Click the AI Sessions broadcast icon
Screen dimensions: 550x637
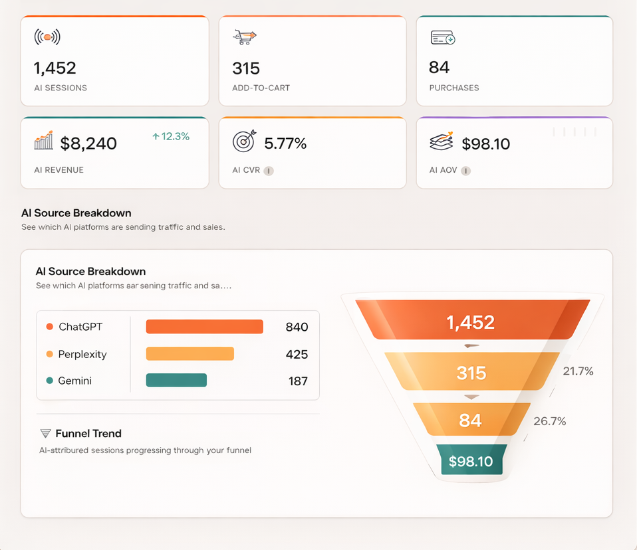pos(47,37)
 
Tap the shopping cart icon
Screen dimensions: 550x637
pos(244,37)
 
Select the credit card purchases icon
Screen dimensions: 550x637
pos(442,38)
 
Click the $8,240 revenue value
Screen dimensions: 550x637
pos(88,143)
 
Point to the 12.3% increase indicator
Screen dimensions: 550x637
pos(171,136)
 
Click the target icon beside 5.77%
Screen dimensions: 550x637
pos(244,141)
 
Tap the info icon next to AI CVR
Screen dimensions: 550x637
pos(269,171)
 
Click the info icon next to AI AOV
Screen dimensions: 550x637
pos(466,171)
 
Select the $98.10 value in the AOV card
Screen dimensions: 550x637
pos(485,144)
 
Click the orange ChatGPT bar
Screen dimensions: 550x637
pos(204,327)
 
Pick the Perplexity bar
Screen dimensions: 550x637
pos(190,354)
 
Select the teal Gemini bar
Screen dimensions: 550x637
pos(176,381)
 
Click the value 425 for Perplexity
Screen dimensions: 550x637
pos(297,354)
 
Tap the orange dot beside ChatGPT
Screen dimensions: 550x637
pos(50,327)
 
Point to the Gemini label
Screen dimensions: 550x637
pos(74,381)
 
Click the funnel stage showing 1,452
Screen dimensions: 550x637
pos(471,322)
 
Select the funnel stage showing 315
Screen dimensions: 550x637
pos(471,373)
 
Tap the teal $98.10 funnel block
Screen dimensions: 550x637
pos(471,461)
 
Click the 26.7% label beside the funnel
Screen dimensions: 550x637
pos(549,421)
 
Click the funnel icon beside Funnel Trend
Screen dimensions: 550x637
pos(45,434)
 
